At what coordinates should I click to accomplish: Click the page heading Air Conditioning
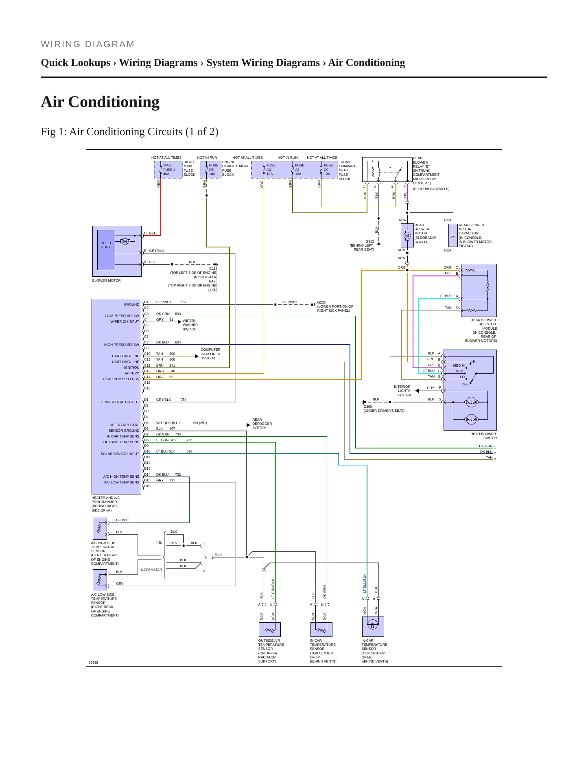(100, 102)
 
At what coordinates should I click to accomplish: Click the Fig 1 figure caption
(129, 131)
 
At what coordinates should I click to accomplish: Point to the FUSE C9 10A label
(328, 170)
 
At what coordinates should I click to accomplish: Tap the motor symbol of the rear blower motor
(407, 236)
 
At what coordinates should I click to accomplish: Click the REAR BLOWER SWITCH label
(483, 436)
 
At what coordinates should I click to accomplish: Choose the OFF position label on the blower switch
(465, 384)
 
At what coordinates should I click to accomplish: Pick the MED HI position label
(459, 365)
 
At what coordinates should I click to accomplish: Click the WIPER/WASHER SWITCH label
(190, 325)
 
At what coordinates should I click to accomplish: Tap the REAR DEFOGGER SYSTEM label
(262, 424)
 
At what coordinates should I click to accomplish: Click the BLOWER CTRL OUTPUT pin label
(119, 402)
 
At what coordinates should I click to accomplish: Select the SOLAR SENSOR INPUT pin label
(120, 454)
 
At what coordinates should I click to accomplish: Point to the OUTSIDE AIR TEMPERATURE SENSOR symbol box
(270, 630)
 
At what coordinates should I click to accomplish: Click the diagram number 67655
(94, 663)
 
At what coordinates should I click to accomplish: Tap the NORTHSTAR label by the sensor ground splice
(151, 570)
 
